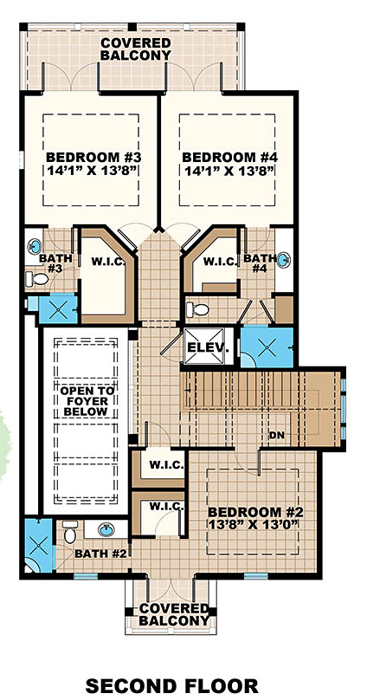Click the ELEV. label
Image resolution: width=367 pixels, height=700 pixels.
207,348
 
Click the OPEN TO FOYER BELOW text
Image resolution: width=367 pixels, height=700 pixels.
84,401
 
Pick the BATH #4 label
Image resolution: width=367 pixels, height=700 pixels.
258,263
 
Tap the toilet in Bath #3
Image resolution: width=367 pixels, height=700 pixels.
33,279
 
